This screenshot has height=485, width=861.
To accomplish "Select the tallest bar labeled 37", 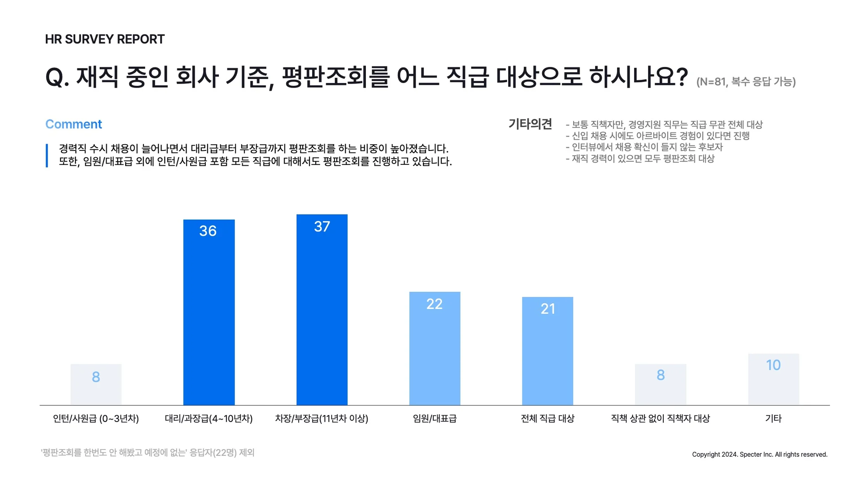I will [x=322, y=310].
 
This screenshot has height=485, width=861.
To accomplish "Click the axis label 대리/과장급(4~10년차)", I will [x=209, y=419].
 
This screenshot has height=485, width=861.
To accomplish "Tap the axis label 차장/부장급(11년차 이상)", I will [x=322, y=419].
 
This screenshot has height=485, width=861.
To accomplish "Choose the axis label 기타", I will [x=773, y=419].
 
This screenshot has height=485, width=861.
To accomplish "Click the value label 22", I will [x=435, y=304].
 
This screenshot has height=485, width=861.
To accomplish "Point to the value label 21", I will [x=548, y=309].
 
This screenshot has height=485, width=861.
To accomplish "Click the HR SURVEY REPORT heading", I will [x=105, y=40].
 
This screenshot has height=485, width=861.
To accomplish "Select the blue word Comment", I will [x=74, y=124].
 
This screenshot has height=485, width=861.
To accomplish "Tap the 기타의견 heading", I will [x=530, y=124].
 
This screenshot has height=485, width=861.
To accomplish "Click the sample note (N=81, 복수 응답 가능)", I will [x=746, y=82].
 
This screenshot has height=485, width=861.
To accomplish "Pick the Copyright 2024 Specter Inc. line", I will [x=760, y=454].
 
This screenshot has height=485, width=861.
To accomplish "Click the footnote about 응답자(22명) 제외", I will [x=148, y=453].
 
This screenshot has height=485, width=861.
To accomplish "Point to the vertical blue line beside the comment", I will [x=47, y=155].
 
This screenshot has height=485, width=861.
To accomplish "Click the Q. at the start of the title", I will [x=57, y=77].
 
